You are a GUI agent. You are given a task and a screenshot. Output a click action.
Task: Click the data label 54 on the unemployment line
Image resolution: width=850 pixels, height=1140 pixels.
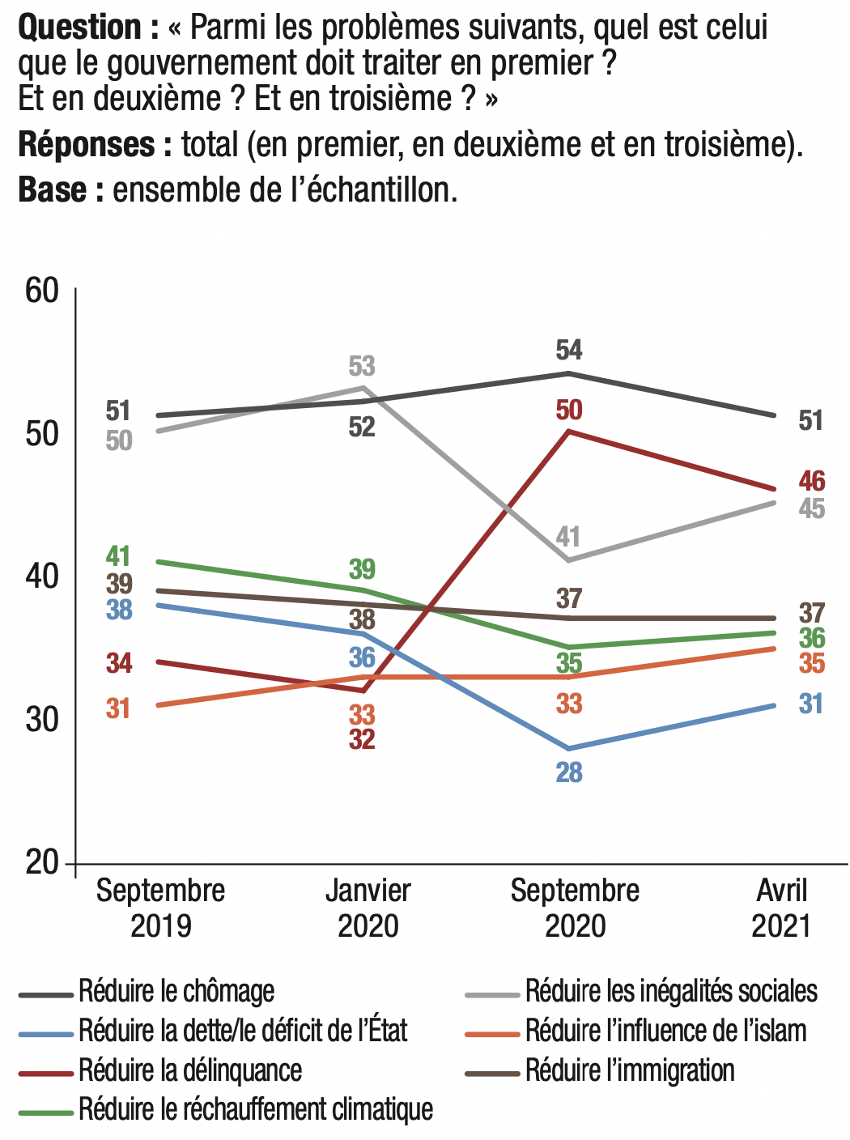point(569,350)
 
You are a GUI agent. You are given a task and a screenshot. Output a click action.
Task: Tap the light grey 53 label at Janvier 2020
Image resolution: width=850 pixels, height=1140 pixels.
point(362,366)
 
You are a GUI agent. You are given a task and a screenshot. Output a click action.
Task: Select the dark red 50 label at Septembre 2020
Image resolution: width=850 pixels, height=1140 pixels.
point(569,410)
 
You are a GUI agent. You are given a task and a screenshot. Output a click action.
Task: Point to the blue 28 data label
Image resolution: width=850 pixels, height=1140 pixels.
point(569,772)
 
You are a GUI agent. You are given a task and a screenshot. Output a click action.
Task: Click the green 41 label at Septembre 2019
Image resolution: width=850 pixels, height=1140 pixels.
point(118,556)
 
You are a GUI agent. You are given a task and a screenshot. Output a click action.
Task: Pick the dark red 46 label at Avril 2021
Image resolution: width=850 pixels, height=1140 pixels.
point(812,481)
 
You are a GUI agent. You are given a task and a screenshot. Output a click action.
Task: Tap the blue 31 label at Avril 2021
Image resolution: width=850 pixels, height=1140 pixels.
point(811,704)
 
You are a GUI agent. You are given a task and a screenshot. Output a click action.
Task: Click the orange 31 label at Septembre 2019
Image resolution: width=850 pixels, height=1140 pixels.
point(118,708)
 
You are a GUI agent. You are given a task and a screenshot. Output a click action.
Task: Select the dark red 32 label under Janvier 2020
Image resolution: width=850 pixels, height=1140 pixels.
point(362,738)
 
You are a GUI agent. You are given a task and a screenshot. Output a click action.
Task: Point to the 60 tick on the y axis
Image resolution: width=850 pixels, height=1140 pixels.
point(42,290)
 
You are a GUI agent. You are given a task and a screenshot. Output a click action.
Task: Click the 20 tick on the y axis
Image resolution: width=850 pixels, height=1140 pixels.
point(42,862)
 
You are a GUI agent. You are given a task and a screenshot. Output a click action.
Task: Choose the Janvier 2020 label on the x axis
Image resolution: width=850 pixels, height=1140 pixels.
point(368,908)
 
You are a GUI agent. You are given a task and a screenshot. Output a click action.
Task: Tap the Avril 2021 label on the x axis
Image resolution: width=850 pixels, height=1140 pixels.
point(781,908)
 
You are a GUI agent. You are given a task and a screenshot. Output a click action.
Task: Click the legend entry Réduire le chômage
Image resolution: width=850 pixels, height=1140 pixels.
point(176,991)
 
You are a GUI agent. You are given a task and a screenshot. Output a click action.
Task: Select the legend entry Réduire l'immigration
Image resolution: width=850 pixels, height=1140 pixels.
point(630,1070)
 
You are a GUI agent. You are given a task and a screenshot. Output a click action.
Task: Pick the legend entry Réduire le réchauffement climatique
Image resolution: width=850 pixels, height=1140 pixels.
point(256,1109)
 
